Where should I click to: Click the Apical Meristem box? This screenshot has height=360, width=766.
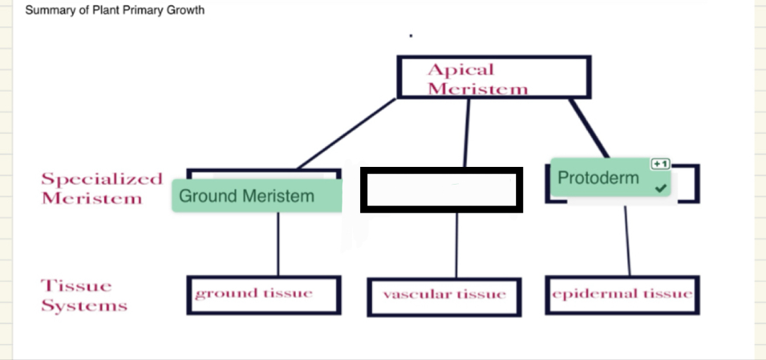[x=494, y=77]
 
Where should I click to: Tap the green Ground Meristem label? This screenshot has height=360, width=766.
[x=257, y=196]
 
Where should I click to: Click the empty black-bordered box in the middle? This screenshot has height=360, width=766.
[x=441, y=190]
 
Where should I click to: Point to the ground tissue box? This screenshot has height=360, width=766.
[x=263, y=295]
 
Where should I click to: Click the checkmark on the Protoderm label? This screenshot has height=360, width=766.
[x=661, y=189]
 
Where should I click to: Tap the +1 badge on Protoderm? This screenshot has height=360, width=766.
[x=660, y=164]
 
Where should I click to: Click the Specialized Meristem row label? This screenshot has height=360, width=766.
[x=101, y=189]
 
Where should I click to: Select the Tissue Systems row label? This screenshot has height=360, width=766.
[x=84, y=295]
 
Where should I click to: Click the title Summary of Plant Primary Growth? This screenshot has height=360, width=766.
[x=115, y=10]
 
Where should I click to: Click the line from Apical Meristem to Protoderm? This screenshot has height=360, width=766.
[x=589, y=128]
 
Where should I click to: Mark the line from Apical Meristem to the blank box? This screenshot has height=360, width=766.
[x=467, y=133]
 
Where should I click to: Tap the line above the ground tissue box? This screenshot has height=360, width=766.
[x=278, y=243]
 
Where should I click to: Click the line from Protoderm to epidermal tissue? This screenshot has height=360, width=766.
[x=627, y=240]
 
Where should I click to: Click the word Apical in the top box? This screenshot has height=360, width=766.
[x=460, y=69]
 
